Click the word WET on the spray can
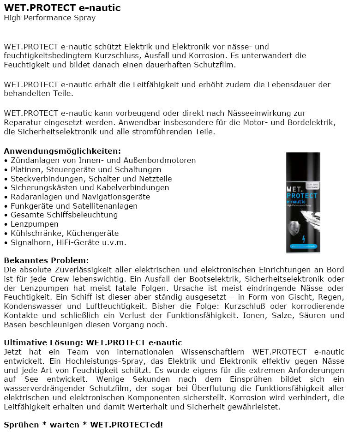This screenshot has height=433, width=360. tap(295, 189)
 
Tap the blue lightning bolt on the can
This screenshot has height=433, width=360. tap(303, 239)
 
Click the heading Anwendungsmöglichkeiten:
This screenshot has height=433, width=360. tap(62, 151)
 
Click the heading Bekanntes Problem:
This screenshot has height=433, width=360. tap(46, 260)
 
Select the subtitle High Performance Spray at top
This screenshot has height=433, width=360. tap(49, 18)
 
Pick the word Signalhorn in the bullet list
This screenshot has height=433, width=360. tap(30, 242)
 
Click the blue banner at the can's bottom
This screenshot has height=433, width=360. tap(303, 248)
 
